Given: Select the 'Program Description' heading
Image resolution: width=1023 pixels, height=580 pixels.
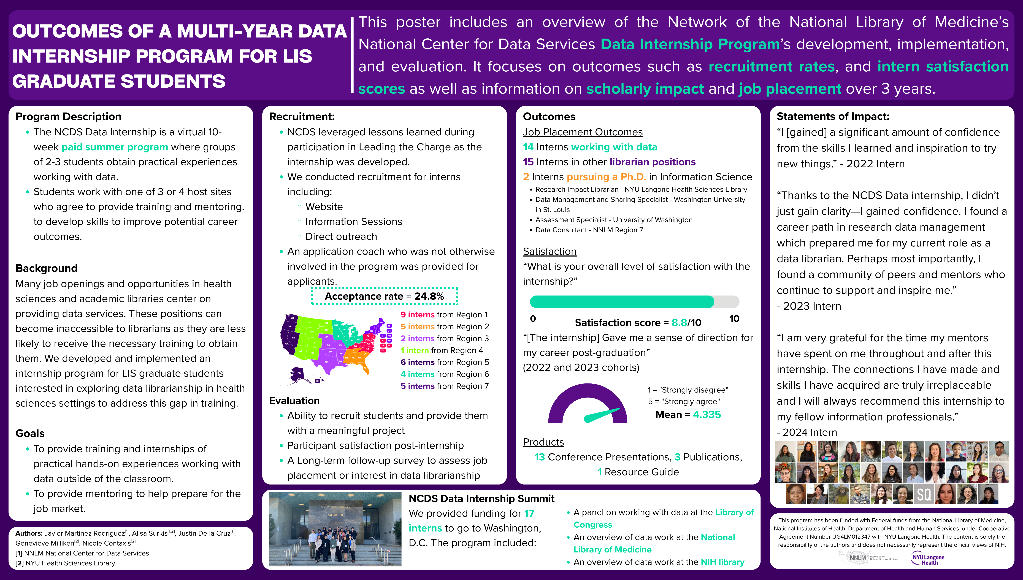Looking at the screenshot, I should (68, 117).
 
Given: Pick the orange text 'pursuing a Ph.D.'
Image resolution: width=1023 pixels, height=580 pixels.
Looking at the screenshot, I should (606, 177).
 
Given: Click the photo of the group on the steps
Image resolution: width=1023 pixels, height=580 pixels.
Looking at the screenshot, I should (335, 529).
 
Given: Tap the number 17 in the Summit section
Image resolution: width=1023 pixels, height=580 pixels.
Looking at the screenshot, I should (529, 514).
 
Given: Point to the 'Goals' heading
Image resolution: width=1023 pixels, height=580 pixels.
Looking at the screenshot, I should (30, 433).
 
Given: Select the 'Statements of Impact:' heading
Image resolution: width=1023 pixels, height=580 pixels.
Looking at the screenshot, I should (833, 117).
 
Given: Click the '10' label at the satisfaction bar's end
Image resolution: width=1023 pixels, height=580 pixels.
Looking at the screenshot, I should (734, 319).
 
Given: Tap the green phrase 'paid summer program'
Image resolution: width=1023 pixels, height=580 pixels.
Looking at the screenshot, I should (115, 147).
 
